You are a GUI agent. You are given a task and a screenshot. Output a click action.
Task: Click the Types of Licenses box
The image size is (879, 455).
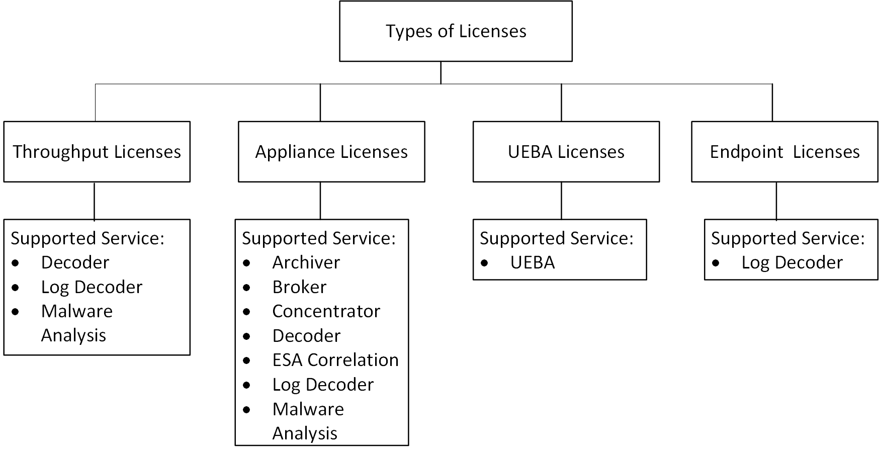[456, 31]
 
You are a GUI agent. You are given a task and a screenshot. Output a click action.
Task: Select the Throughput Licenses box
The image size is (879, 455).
[97, 152]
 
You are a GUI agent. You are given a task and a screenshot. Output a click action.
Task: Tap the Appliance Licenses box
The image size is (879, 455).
[331, 152]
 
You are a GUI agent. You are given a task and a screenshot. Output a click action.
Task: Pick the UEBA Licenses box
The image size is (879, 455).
[566, 152]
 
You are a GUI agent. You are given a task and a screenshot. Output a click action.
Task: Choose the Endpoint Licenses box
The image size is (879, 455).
[784, 152]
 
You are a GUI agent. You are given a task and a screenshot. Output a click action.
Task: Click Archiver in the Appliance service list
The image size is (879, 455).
[306, 262]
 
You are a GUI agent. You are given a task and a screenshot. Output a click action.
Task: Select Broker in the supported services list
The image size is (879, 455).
[299, 287]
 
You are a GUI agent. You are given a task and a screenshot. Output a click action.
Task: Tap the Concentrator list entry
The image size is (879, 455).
[326, 311]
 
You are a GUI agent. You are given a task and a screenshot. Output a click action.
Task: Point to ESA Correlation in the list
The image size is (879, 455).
[335, 360]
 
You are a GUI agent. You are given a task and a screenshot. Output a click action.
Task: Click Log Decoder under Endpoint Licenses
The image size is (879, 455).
[792, 262]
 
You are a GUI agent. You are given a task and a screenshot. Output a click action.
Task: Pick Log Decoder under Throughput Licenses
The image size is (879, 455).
[92, 287]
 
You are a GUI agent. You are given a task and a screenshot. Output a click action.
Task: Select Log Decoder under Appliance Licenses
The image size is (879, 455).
[323, 385]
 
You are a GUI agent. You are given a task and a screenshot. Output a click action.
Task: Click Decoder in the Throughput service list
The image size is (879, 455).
[75, 262]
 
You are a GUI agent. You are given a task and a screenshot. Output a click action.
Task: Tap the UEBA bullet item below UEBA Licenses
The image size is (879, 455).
[532, 262]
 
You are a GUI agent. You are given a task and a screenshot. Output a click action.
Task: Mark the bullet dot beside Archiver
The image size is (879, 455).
[246, 263]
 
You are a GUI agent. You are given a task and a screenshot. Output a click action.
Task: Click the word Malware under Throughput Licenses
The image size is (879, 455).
[76, 311]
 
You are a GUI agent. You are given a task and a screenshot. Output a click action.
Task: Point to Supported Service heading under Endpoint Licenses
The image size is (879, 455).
[787, 238]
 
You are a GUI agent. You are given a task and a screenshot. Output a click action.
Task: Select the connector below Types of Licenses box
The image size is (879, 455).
[441, 73]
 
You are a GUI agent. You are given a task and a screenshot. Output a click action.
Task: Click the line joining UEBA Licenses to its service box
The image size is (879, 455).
[561, 200]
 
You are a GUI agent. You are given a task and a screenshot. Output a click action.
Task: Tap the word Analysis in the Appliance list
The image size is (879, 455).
[305, 433]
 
